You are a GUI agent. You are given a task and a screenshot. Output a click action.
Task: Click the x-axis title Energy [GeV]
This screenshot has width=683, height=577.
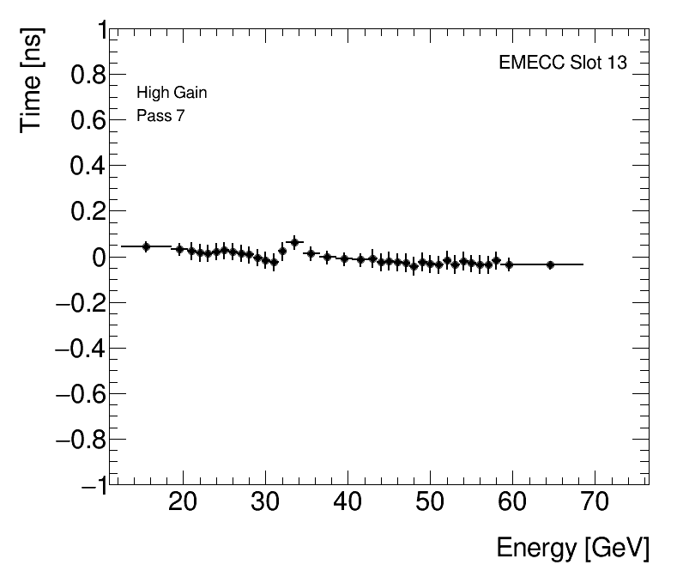572,549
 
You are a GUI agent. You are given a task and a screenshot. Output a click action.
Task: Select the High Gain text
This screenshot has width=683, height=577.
172,93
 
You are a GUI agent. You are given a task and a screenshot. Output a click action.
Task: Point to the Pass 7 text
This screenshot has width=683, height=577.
160,116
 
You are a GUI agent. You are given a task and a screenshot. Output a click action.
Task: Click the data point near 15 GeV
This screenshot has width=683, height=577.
146,246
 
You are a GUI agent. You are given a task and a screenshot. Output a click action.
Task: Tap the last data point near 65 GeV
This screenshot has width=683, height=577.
550,264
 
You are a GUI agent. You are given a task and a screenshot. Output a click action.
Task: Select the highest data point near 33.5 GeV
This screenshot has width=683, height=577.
294,242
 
